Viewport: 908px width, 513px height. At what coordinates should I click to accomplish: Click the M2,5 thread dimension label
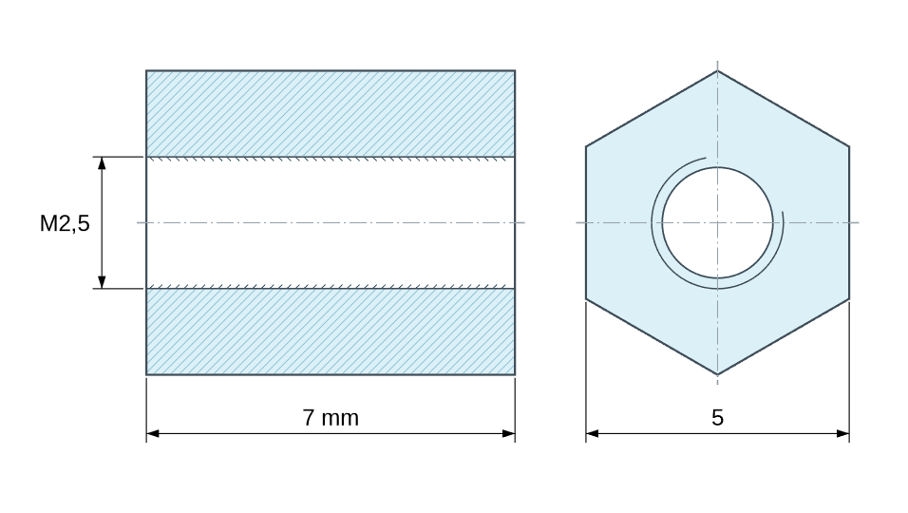click(x=65, y=223)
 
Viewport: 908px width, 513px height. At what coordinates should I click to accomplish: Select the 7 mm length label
click(x=331, y=417)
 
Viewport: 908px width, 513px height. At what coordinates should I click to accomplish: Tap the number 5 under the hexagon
click(x=717, y=417)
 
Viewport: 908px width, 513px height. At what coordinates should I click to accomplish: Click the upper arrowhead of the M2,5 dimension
click(x=102, y=162)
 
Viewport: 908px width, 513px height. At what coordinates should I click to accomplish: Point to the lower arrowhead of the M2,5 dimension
click(x=102, y=282)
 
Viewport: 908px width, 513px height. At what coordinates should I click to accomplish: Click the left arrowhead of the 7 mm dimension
click(x=153, y=433)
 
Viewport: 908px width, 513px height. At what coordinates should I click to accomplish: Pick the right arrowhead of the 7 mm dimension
click(x=508, y=433)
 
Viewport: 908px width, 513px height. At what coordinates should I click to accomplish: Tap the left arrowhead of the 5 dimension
click(x=593, y=433)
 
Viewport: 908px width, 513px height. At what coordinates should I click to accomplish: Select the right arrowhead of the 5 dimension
click(x=842, y=433)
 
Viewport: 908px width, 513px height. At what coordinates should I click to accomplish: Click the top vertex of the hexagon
click(x=717, y=70)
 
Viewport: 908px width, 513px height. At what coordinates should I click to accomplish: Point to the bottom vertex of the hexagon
click(x=717, y=374)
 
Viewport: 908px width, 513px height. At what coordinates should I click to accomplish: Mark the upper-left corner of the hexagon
click(x=586, y=146)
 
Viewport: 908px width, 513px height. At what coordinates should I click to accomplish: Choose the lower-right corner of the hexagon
click(x=849, y=298)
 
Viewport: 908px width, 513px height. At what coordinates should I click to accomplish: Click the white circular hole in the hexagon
click(x=717, y=223)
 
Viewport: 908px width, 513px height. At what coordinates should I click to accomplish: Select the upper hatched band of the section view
click(x=331, y=113)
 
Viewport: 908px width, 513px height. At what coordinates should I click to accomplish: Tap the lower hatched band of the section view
click(x=331, y=332)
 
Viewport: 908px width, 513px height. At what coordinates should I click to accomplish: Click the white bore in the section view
click(x=331, y=223)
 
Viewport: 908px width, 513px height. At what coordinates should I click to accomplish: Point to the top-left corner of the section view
click(x=146, y=70)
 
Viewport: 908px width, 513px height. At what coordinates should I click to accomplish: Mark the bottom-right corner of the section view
click(x=515, y=374)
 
